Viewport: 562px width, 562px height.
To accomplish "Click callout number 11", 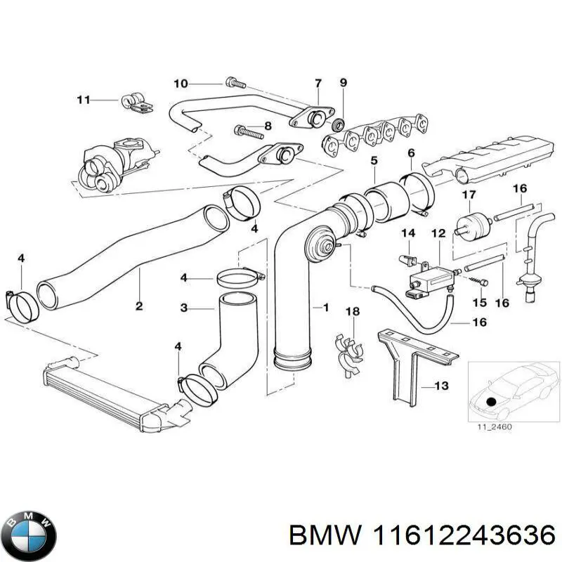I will coord(84,100).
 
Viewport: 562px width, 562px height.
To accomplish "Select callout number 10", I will coord(181,84).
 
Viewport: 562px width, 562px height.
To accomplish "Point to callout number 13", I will coord(441,386).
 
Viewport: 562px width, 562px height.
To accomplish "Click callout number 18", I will coord(353,311).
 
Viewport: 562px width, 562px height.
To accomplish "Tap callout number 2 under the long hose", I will coord(139,306).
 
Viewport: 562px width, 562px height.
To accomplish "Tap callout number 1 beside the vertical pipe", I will coord(325,308).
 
